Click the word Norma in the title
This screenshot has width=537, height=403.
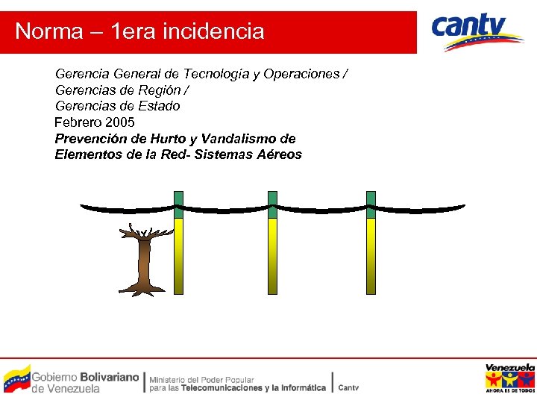[49, 31]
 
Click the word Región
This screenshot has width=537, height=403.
[159, 90]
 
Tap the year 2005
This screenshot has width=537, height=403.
[120, 122]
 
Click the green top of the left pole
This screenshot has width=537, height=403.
[178, 205]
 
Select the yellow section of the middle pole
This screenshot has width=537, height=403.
[272, 254]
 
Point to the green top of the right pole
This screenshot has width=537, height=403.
[371, 205]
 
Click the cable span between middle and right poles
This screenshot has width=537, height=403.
[321, 210]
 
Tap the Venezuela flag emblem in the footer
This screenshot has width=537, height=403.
[16, 379]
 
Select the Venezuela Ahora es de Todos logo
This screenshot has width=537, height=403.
[510, 378]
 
